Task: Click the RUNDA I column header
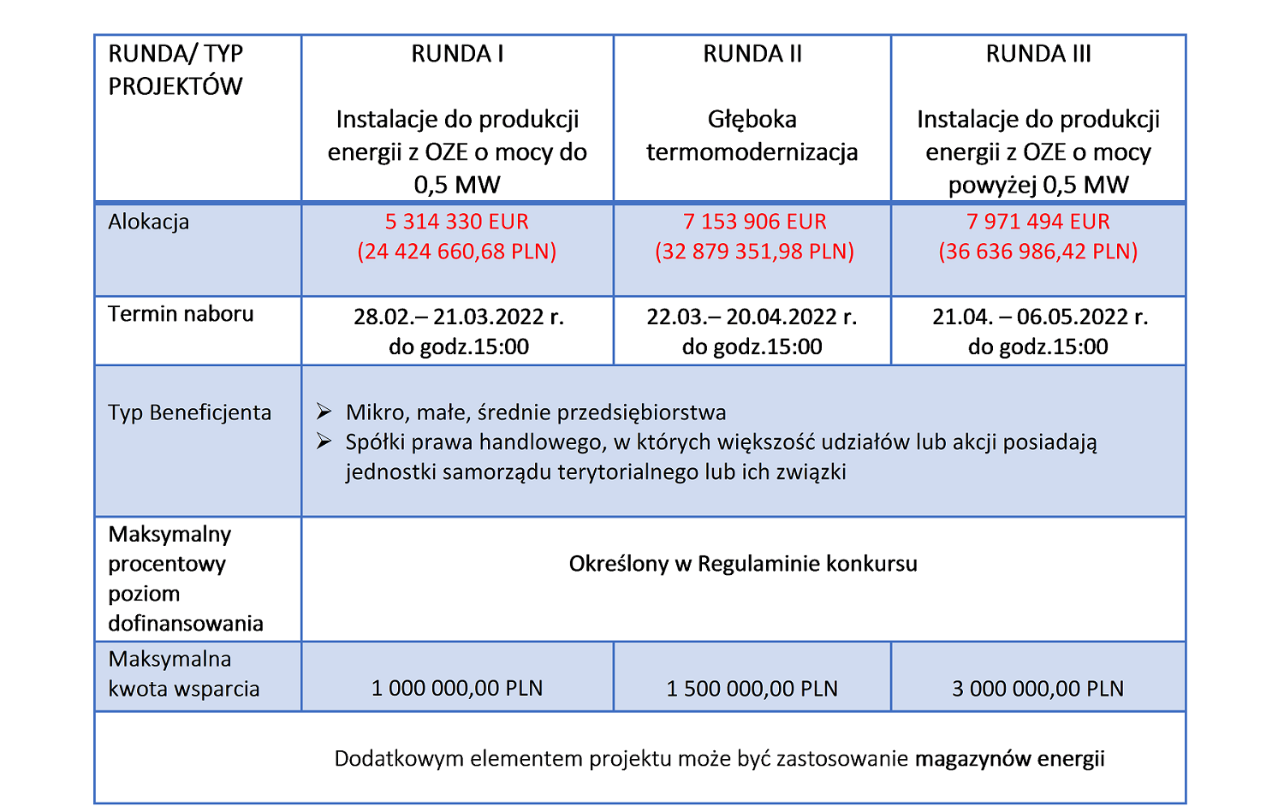[x=457, y=54]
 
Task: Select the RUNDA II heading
[x=752, y=54]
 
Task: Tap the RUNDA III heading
[x=1037, y=54]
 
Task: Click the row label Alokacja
[x=148, y=222]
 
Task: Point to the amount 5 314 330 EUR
[x=456, y=222]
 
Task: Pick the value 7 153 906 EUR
[x=754, y=222]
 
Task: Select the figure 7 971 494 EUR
[x=1037, y=222]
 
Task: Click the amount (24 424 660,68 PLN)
[x=456, y=252]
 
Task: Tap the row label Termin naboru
[x=181, y=314]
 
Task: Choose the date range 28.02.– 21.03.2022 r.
[x=458, y=317]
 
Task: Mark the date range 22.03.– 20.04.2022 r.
[x=752, y=317]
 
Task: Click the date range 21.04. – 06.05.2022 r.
[x=1039, y=317]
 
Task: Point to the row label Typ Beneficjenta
[x=189, y=412]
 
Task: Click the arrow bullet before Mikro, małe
[x=324, y=412]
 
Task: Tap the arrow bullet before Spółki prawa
[x=324, y=442]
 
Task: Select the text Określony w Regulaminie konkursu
[x=742, y=564]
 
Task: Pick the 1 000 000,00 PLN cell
[x=456, y=689]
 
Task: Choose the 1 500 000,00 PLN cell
[x=752, y=689]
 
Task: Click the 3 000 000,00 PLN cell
[x=1037, y=689]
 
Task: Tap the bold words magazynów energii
[x=1009, y=759]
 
